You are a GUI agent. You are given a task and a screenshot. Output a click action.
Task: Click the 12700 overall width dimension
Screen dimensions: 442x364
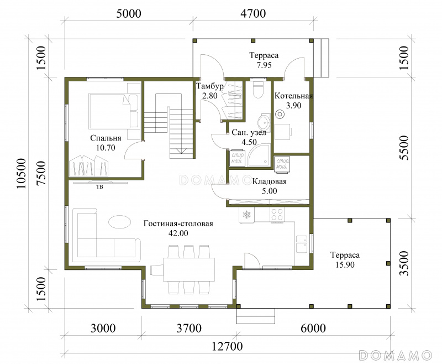pyautogui.click(x=227, y=346)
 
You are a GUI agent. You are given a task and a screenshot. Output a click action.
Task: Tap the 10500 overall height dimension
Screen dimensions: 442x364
pyautogui.click(x=21, y=173)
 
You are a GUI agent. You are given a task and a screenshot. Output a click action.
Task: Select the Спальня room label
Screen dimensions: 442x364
pyautogui.click(x=106, y=138)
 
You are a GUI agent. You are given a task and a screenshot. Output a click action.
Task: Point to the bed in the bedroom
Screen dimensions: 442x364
pyautogui.click(x=113, y=111)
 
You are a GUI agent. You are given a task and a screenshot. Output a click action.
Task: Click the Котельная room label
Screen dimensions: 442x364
pyautogui.click(x=294, y=96)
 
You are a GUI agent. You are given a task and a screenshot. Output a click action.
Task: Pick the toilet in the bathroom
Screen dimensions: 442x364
pyautogui.click(x=258, y=90)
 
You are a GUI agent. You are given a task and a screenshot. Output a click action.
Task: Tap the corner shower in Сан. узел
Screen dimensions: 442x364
pyautogui.click(x=260, y=155)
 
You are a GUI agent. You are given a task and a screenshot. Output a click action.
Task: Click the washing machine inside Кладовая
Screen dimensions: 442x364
pyautogui.click(x=282, y=163)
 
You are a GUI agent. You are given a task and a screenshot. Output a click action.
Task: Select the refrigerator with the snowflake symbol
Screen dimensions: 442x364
pyautogui.click(x=246, y=215)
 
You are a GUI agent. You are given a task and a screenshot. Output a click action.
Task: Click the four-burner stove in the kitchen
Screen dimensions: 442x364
pyautogui.click(x=277, y=215)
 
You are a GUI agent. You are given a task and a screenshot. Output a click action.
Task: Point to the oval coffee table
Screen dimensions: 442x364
pyautogui.click(x=119, y=222)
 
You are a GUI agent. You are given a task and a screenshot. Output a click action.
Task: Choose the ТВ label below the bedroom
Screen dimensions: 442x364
pyautogui.click(x=99, y=186)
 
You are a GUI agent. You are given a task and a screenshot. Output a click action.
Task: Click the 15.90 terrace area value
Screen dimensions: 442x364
pyautogui.click(x=345, y=264)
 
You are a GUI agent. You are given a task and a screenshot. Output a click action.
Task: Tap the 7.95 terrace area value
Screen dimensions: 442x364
pyautogui.click(x=264, y=65)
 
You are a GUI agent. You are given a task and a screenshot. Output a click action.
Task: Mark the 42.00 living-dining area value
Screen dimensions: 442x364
pyautogui.click(x=178, y=233)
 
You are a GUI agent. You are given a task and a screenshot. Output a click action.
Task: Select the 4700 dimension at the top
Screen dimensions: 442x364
pyautogui.click(x=253, y=13)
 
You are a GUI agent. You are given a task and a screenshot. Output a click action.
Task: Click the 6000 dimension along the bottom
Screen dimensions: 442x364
pyautogui.click(x=313, y=328)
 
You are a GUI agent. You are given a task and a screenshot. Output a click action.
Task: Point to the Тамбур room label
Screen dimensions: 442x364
pyautogui.click(x=210, y=86)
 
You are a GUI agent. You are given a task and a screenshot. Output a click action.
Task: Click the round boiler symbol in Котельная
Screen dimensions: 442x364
pyautogui.click(x=280, y=115)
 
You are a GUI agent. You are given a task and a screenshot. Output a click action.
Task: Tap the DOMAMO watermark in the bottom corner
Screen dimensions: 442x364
pyautogui.click(x=396, y=355)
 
